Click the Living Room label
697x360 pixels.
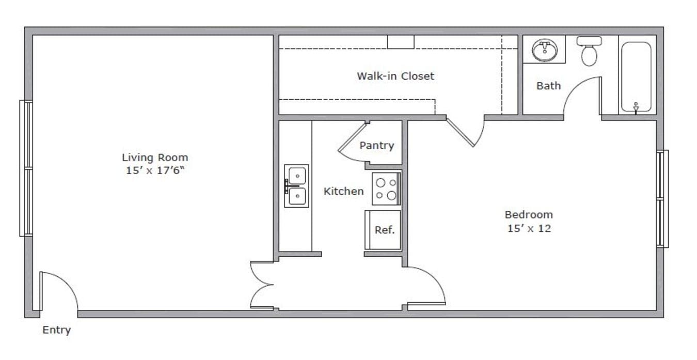(155, 158)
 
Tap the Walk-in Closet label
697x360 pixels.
(395, 76)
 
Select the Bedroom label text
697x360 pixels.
(529, 214)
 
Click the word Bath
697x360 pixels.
(548, 86)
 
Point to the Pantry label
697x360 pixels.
(376, 146)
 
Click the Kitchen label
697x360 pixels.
(343, 192)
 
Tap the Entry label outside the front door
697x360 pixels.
(56, 330)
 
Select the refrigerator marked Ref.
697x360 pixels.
(384, 230)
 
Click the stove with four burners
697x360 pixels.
(386, 189)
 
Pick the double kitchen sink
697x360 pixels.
(296, 186)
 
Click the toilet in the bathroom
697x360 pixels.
(589, 51)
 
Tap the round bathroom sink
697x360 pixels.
(544, 50)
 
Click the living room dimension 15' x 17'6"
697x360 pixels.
(155, 171)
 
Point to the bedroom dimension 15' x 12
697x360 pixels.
(529, 228)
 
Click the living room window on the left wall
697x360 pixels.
(26, 168)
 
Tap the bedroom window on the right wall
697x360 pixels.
(662, 199)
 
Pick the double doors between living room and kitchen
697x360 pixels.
(262, 285)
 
